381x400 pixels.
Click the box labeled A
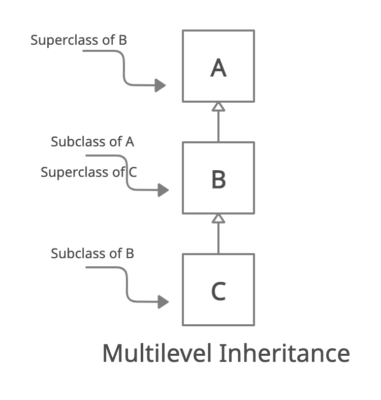(218, 66)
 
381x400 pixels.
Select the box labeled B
(218, 178)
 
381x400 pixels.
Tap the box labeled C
(218, 290)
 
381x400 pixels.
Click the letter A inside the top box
(218, 68)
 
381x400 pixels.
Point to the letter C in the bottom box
(218, 291)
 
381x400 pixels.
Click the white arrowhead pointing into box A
(218, 107)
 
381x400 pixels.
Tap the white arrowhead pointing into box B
(218, 219)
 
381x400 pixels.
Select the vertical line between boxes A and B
(218, 126)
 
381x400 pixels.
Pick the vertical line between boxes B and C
(218, 238)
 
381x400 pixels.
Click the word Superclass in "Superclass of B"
(65, 40)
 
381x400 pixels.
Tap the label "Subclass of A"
(92, 142)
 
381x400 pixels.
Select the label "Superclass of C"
(88, 172)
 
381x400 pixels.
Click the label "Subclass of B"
(92, 253)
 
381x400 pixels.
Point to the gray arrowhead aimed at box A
(161, 85)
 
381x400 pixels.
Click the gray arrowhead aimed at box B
(163, 191)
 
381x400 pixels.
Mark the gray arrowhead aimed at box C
(163, 302)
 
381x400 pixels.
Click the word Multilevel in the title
(156, 353)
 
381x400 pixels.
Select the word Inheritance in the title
(284, 353)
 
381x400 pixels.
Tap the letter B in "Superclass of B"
(122, 40)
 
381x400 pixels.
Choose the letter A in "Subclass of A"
(130, 142)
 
